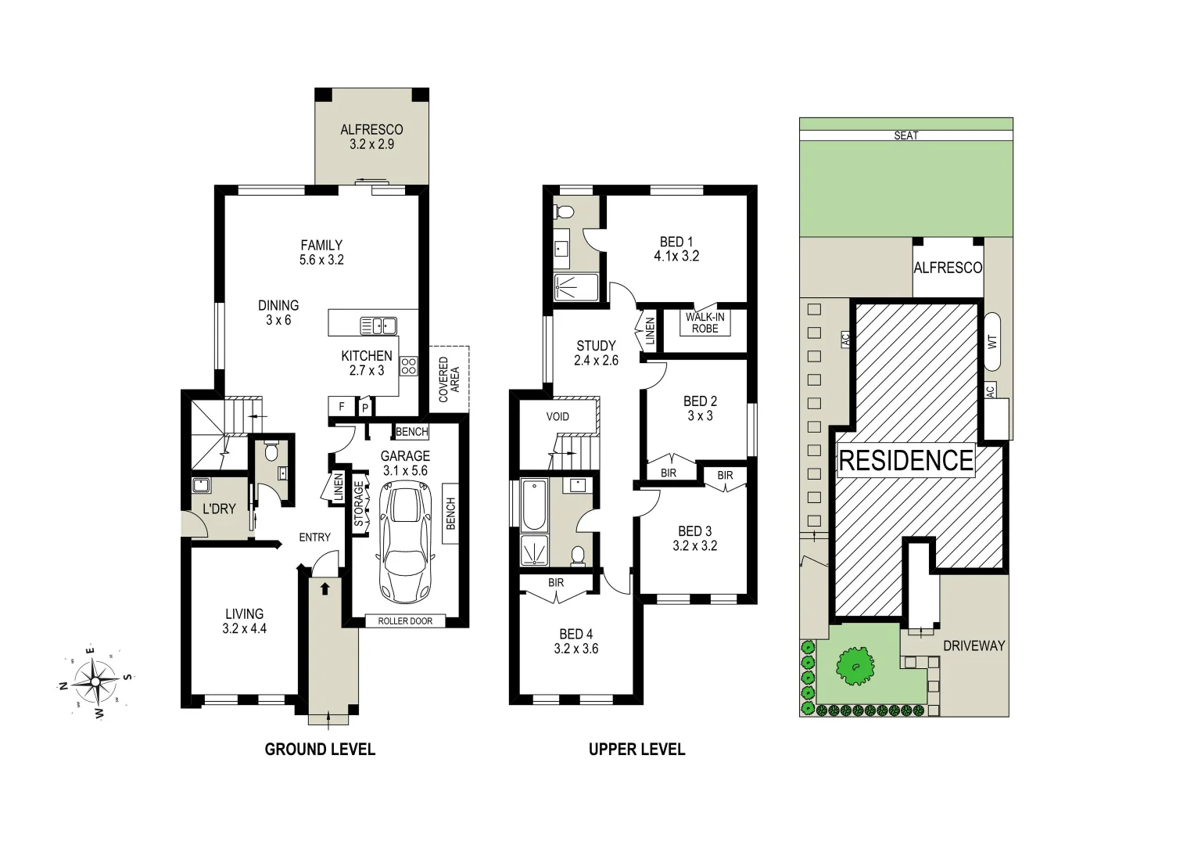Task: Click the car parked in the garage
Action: click(405, 546)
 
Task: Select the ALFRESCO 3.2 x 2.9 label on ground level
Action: click(371, 137)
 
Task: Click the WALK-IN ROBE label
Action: click(705, 322)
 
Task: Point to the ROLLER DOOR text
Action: click(405, 621)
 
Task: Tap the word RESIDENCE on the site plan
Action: click(905, 460)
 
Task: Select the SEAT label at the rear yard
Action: click(905, 136)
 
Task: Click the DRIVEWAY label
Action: click(973, 645)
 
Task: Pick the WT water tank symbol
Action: click(993, 341)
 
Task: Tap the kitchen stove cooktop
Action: click(409, 366)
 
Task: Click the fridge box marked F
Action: click(340, 407)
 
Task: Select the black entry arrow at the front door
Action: click(325, 588)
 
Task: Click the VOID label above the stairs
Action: click(558, 416)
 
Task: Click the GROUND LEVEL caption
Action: click(320, 750)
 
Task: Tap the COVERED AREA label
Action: click(449, 379)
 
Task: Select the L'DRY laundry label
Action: click(219, 509)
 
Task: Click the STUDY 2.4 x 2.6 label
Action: click(596, 353)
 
